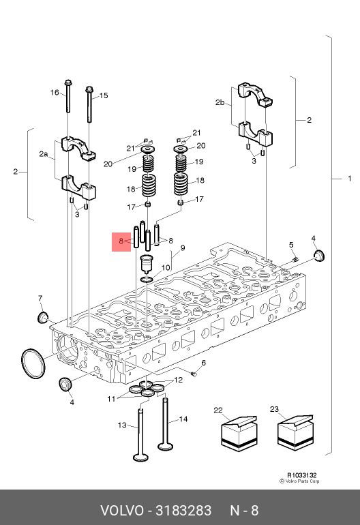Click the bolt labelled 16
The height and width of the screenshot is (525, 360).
click(68, 96)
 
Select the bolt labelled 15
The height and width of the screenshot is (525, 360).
click(89, 104)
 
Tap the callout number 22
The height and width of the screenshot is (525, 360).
click(218, 410)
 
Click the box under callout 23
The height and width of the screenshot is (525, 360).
click(295, 432)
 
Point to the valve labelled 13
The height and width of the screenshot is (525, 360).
click(140, 434)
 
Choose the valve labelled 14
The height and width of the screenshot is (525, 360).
click(166, 423)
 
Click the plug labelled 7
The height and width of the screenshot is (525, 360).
click(42, 317)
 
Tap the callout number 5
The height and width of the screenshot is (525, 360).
click(291, 245)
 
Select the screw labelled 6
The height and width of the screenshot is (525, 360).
click(194, 374)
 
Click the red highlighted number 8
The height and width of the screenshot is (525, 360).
click(121, 241)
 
